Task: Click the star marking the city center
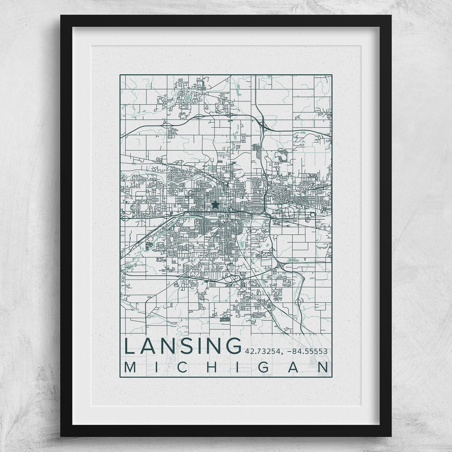(215, 205)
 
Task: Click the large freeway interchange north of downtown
(263, 126)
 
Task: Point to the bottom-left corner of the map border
(120, 373)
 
